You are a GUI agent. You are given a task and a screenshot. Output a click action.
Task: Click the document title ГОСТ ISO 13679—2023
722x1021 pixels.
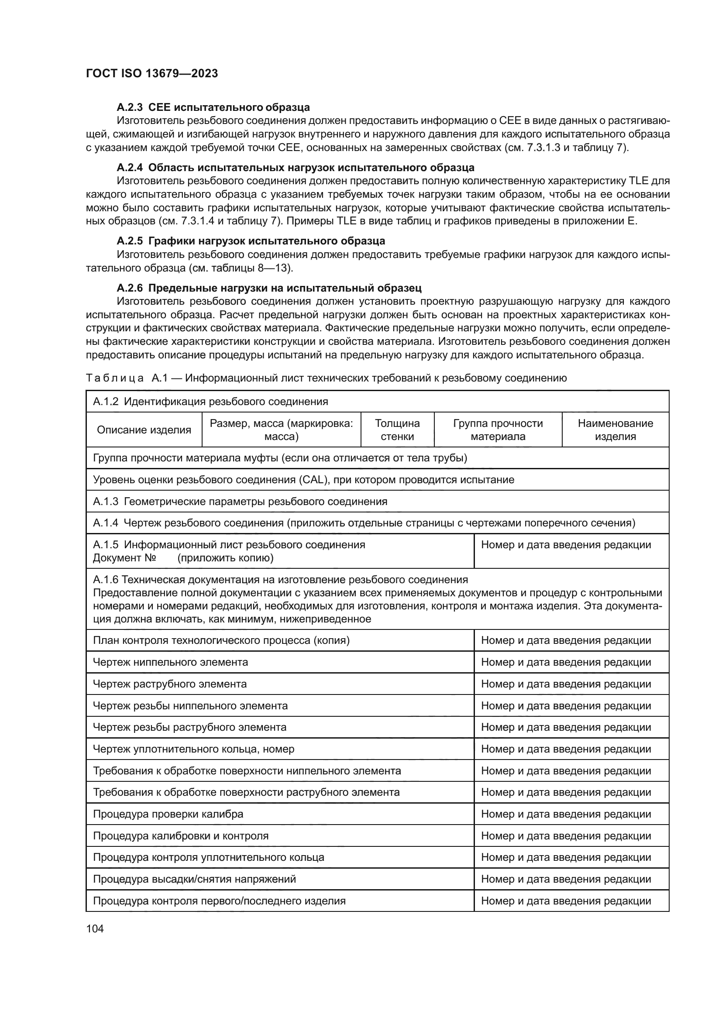(x=151, y=74)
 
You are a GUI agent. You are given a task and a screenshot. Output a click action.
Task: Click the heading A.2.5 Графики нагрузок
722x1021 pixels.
(x=251, y=241)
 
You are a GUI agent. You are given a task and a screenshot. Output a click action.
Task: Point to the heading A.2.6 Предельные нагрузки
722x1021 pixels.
(x=269, y=288)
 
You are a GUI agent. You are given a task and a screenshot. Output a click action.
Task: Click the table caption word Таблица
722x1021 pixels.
(x=115, y=378)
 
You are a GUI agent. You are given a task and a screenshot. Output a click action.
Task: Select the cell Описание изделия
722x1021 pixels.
(x=144, y=430)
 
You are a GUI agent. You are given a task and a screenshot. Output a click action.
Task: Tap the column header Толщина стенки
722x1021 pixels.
(x=397, y=430)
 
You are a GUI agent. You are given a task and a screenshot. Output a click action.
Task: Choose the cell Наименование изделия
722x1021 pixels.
(x=615, y=430)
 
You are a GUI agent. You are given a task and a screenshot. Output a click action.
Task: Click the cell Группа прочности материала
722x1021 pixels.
(x=498, y=430)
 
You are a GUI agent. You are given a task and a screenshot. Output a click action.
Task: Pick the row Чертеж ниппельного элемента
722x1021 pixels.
(x=170, y=662)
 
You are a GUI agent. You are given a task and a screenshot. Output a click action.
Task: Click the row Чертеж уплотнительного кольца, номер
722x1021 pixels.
(x=193, y=749)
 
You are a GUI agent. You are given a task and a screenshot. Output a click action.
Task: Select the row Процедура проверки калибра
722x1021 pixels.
(x=168, y=814)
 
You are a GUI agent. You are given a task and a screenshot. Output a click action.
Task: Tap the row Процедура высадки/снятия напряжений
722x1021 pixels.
(x=194, y=879)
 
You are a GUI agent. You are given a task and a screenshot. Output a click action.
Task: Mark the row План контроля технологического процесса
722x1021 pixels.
(x=221, y=640)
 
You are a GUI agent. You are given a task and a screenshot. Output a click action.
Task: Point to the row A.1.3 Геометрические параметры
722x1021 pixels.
(x=240, y=502)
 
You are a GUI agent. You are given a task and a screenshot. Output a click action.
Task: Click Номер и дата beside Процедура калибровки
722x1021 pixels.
(x=565, y=835)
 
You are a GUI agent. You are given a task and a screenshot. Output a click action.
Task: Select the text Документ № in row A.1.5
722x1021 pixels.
(x=124, y=557)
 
